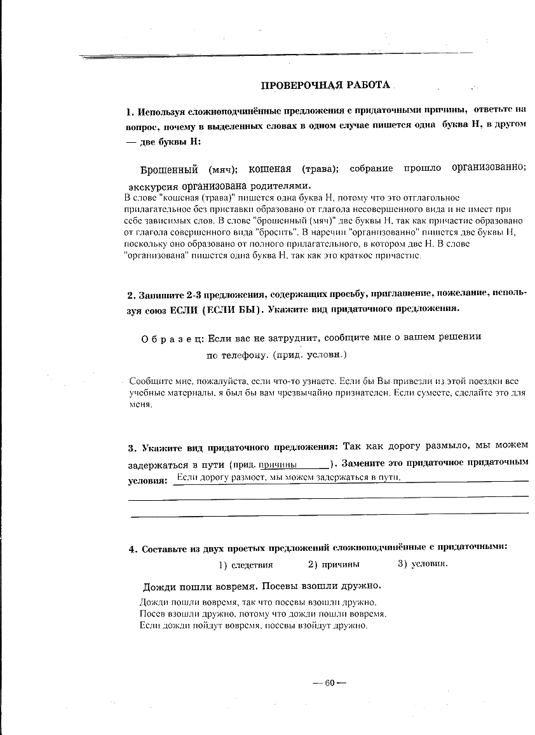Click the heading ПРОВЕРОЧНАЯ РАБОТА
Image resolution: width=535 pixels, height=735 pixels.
point(326,86)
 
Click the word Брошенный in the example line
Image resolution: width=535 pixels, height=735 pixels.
point(169,169)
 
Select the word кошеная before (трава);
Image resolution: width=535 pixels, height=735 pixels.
point(269,169)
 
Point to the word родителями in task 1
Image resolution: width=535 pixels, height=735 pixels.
point(282,186)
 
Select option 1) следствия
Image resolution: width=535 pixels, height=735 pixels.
point(245,564)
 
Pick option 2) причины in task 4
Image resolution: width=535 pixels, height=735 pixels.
point(334,564)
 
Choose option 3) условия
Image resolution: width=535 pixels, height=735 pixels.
point(423,564)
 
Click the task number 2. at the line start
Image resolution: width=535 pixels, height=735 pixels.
point(132,295)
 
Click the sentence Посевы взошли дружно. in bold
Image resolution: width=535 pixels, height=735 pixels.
point(322,585)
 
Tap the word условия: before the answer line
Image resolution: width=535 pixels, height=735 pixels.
point(147,480)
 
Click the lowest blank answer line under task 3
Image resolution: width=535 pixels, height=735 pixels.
point(329,512)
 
